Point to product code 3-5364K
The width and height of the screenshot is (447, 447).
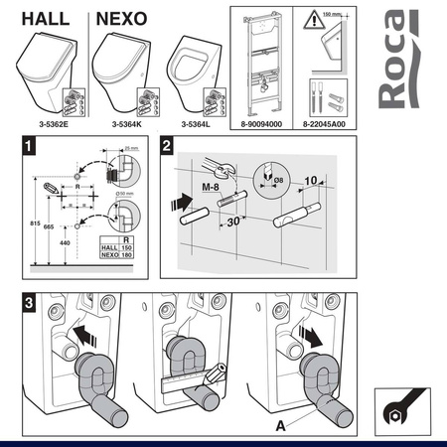pos(123,124)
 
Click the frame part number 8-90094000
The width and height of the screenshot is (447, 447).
pos(262,124)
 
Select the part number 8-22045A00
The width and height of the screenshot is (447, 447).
pos(338,124)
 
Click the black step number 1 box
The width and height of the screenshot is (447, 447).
pos(35,146)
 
